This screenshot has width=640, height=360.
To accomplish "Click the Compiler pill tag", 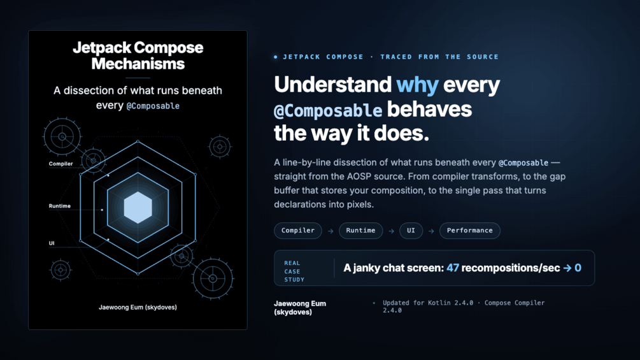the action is tap(298, 231).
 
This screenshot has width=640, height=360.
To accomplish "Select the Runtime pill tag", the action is tap(361, 231).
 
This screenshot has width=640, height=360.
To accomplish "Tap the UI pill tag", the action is tap(411, 231).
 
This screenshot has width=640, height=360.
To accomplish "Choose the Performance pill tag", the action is tap(470, 231).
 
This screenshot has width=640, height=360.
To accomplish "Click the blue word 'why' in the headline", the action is tap(417, 85).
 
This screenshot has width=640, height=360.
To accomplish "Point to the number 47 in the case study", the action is tap(453, 268).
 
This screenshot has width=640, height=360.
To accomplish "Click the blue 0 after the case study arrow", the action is tap(578, 268).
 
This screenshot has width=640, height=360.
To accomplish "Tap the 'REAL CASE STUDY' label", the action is tap(294, 271).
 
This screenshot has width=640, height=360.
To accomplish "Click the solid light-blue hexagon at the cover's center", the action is tap(138, 207).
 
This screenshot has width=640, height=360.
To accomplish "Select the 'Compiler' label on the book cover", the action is tap(61, 164).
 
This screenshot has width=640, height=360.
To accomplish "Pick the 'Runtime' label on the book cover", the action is tap(60, 206).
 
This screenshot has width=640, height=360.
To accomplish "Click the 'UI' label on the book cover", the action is tap(52, 243).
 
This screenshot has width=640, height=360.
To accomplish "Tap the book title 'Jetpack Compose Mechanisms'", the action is tap(138, 55).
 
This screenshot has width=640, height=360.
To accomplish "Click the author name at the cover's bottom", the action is tap(138, 307).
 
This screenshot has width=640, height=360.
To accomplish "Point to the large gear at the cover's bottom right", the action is tap(213, 279).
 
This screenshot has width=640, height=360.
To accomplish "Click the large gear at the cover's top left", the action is tap(62, 137).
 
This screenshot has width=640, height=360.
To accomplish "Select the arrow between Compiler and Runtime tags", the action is tap(331, 231).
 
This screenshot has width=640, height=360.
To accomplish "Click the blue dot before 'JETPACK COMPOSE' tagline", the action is tap(276, 57).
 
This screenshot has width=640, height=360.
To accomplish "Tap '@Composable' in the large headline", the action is tap(328, 111).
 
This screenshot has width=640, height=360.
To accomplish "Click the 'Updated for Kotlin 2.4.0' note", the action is tap(428, 303).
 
